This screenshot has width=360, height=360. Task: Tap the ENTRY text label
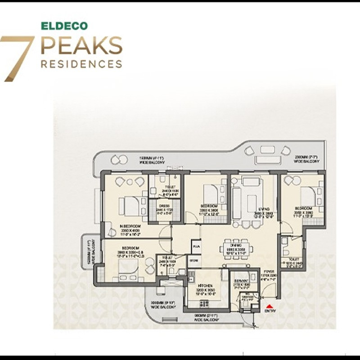pos(270,310)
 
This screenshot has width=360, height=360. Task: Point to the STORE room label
pos(194,260)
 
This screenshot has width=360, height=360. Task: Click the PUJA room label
pos(195,247)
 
